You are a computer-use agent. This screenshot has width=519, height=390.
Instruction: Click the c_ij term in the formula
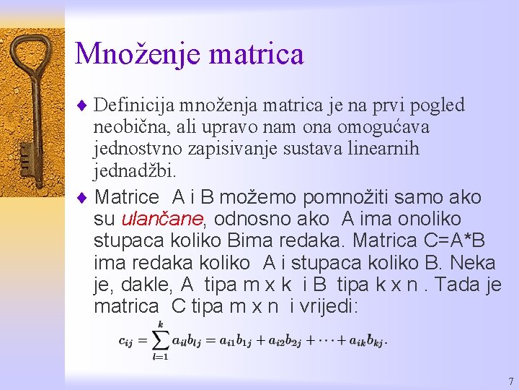pyautogui.click(x=126, y=340)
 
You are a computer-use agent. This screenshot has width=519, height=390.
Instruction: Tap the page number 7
pyautogui.click(x=510, y=381)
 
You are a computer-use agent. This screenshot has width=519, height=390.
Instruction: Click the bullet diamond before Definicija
pyautogui.click(x=81, y=105)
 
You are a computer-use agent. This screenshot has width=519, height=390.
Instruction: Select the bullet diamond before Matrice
pyautogui.click(x=81, y=197)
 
